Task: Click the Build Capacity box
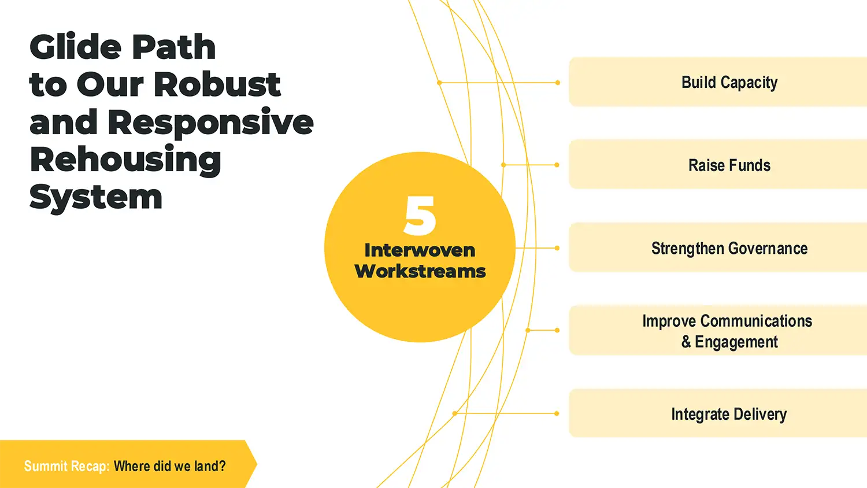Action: point(718,82)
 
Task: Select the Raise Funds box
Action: point(718,164)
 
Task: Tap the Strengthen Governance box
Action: point(718,247)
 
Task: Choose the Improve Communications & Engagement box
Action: point(718,330)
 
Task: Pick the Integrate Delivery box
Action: point(718,413)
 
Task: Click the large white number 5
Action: point(420,215)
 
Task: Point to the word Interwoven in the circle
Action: point(420,250)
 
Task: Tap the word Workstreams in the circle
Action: point(420,271)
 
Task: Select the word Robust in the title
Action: point(217,84)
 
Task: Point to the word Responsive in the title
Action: point(210,123)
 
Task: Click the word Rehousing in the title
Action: point(125,160)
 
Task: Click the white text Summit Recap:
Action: point(67,466)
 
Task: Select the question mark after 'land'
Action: point(222,465)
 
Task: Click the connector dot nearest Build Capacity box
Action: point(558,83)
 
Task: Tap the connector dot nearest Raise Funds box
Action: point(557,165)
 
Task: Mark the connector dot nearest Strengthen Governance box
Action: point(557,248)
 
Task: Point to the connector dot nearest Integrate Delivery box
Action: point(557,413)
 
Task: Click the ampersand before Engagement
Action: point(686,342)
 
